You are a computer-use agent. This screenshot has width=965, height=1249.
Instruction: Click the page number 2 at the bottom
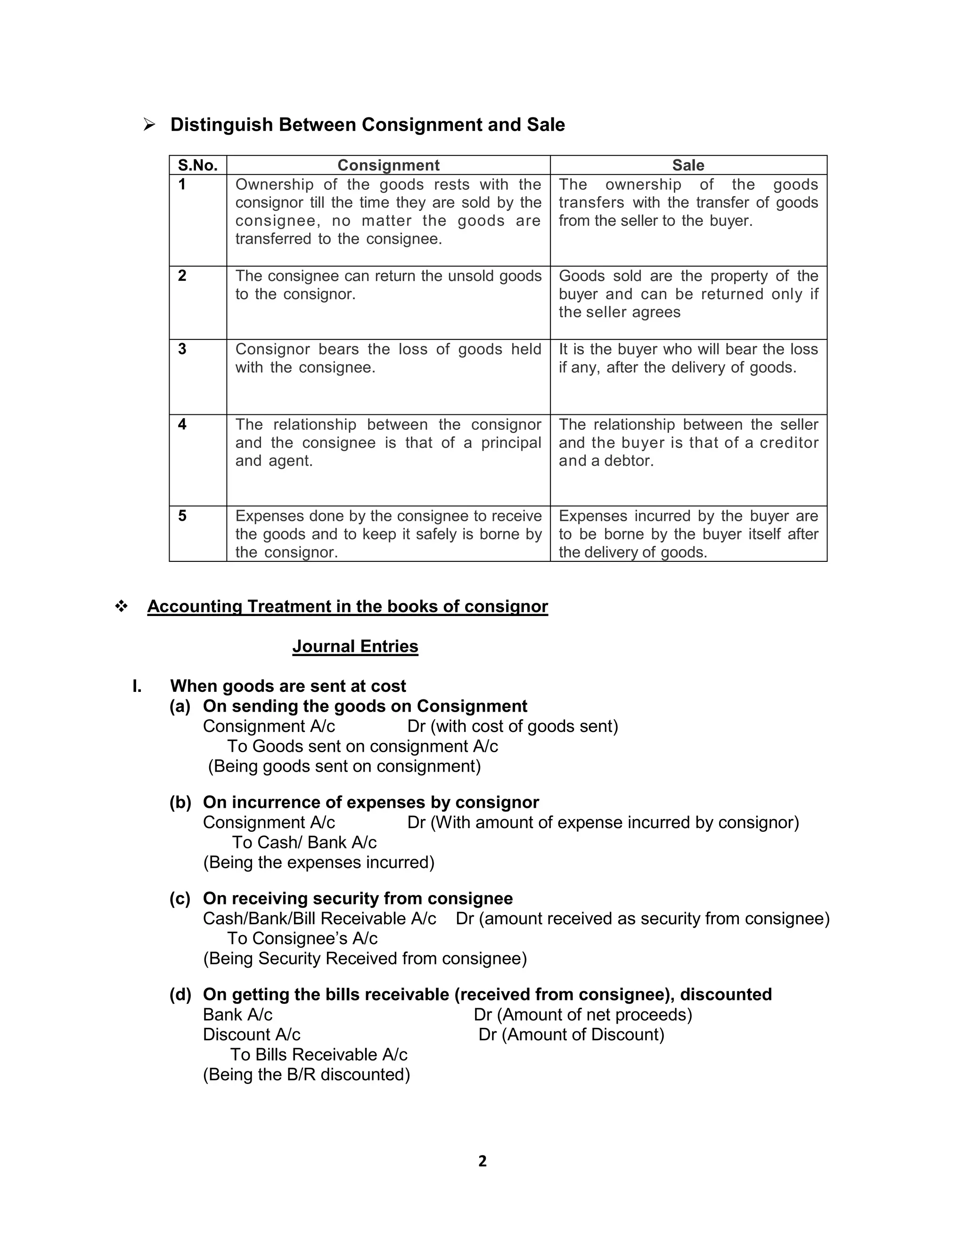coord(482,1160)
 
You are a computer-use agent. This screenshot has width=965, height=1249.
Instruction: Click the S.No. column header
coord(198,165)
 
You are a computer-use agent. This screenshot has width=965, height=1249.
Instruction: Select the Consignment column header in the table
coord(388,165)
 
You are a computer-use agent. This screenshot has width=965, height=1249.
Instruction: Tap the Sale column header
coord(688,165)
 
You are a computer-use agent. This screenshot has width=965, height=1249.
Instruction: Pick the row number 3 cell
coord(182,349)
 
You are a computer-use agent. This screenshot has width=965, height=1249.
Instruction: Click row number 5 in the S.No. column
coord(182,516)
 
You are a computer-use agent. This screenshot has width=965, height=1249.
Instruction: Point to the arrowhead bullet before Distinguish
coord(150,125)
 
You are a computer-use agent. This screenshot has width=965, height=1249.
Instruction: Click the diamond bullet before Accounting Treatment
coord(121,606)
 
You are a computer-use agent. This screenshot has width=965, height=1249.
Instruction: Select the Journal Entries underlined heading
coord(355,646)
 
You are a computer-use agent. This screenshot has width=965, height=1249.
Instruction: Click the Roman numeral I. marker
coord(137,686)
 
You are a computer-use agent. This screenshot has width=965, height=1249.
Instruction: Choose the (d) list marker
coord(180,994)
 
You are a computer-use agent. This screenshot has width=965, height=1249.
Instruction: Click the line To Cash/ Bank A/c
coord(304,842)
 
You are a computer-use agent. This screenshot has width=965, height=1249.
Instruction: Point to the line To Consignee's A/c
coord(303,938)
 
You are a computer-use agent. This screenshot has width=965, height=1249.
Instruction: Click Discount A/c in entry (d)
coord(252,1034)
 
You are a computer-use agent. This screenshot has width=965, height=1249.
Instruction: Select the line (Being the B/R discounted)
coord(306,1074)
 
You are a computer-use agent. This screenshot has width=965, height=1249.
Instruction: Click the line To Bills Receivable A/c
coord(319,1054)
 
